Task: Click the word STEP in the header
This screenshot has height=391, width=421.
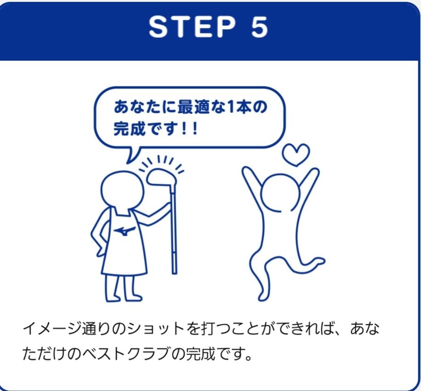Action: [x=192, y=27]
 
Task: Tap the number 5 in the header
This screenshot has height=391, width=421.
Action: [x=259, y=27]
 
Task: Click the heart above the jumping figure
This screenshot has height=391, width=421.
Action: [x=296, y=155]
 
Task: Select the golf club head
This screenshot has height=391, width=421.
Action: [x=161, y=177]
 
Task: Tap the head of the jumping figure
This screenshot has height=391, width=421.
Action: [x=280, y=193]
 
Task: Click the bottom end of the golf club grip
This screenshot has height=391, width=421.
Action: [x=174, y=273]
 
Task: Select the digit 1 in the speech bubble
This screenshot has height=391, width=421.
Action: [x=231, y=107]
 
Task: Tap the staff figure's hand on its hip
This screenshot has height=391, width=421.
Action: [x=99, y=251]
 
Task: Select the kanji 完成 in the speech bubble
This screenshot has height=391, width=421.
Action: [x=130, y=129]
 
